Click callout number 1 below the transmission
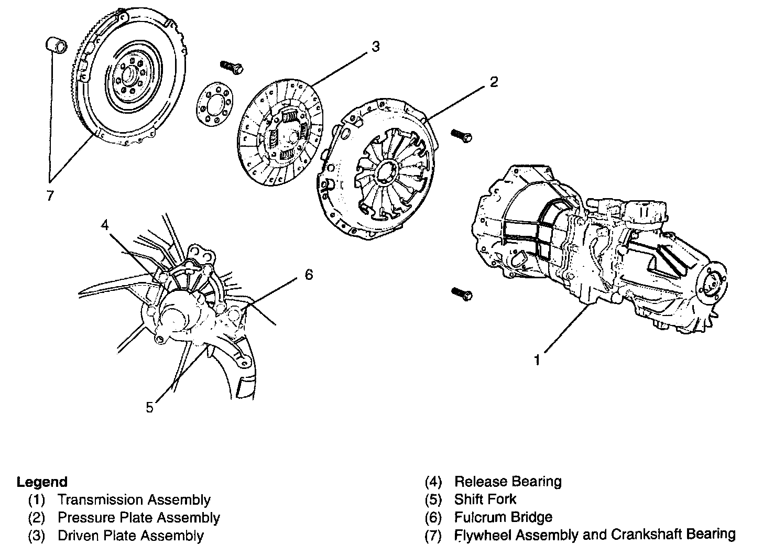[537, 360]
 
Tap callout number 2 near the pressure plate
[494, 82]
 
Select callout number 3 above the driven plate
[375, 47]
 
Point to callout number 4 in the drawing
[105, 225]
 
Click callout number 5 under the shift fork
[150, 407]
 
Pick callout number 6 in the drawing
[309, 274]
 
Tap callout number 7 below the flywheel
[50, 196]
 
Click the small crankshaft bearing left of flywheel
[55, 46]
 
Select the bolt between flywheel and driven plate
[231, 67]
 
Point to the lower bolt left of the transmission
[461, 293]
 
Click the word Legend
[42, 482]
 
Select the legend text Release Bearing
[507, 481]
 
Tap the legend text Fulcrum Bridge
[503, 517]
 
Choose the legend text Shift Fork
[485, 499]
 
